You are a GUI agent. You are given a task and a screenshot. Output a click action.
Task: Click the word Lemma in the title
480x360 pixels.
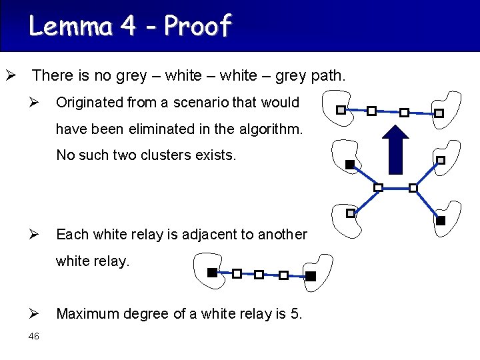coord(70,26)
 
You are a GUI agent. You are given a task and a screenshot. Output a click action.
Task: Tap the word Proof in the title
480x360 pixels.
coord(197,26)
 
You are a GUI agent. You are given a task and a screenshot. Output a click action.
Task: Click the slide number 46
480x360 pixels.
coord(34,337)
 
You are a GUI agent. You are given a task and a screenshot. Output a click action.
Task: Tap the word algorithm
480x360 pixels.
coord(270,129)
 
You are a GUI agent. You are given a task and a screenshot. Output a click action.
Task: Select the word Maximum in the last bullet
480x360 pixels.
coord(87,313)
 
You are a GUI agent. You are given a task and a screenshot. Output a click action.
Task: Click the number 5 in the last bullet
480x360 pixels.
coord(296,313)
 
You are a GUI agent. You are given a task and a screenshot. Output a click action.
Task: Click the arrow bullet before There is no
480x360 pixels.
coord(10,75)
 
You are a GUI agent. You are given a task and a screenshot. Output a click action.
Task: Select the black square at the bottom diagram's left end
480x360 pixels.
coord(212,272)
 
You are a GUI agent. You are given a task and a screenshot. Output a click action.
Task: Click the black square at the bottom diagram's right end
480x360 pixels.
coord(311,275)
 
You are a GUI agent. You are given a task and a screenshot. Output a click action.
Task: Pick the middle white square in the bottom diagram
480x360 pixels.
coord(259,274)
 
